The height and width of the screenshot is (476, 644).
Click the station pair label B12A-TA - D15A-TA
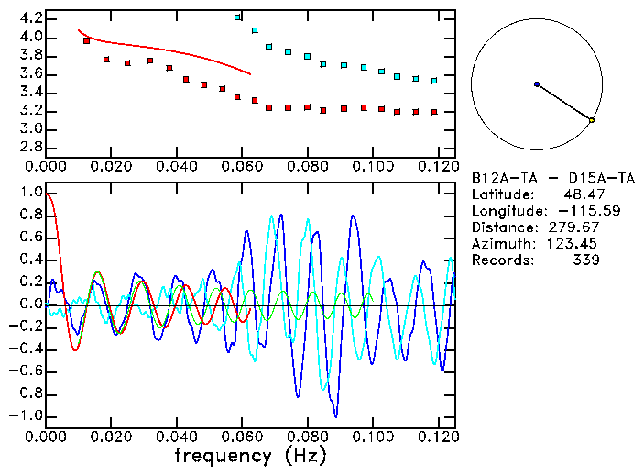pyautogui.click(x=552, y=179)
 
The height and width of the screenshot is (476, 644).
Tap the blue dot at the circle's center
pyautogui.click(x=537, y=84)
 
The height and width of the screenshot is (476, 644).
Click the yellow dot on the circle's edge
pyautogui.click(x=592, y=120)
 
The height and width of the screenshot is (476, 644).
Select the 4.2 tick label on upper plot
pyautogui.click(x=30, y=18)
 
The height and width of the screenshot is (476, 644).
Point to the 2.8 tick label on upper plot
pyautogui.click(x=30, y=147)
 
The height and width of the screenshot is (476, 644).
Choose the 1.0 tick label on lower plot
pyautogui.click(x=30, y=193)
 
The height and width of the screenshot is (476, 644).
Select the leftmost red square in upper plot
pyautogui.click(x=87, y=40)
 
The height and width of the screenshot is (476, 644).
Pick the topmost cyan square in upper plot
pyautogui.click(x=238, y=17)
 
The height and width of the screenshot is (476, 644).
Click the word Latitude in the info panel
pyautogui.click(x=502, y=195)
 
